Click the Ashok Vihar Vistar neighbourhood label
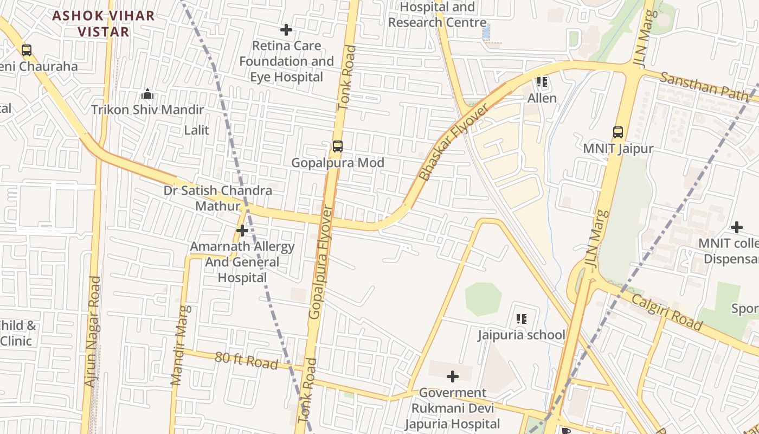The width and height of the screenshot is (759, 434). point(104,23)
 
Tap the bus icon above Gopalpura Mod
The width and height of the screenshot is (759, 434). point(338,146)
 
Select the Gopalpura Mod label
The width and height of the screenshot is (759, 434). point(338,163)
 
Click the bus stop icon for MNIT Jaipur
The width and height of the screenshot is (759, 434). point(618,132)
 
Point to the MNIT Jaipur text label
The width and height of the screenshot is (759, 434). point(618,149)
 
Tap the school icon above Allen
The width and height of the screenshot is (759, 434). point(542,82)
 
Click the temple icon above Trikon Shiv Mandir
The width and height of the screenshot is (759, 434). point(147,94)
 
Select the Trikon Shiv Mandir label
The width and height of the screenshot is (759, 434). point(147,110)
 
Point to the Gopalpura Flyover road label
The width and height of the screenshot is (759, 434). point(321,263)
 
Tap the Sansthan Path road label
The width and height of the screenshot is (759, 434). point(704,86)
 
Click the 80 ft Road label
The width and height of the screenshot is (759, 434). point(247,360)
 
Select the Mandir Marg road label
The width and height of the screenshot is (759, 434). point(181,346)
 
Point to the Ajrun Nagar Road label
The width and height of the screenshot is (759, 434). point(93,331)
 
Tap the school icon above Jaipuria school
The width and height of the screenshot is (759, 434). point(521,318)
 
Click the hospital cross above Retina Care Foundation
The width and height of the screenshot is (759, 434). point(286,30)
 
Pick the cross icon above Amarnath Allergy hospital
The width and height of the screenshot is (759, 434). point(242,231)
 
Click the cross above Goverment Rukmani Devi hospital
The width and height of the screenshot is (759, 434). point(453,376)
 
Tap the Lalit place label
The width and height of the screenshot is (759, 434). point(196,130)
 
